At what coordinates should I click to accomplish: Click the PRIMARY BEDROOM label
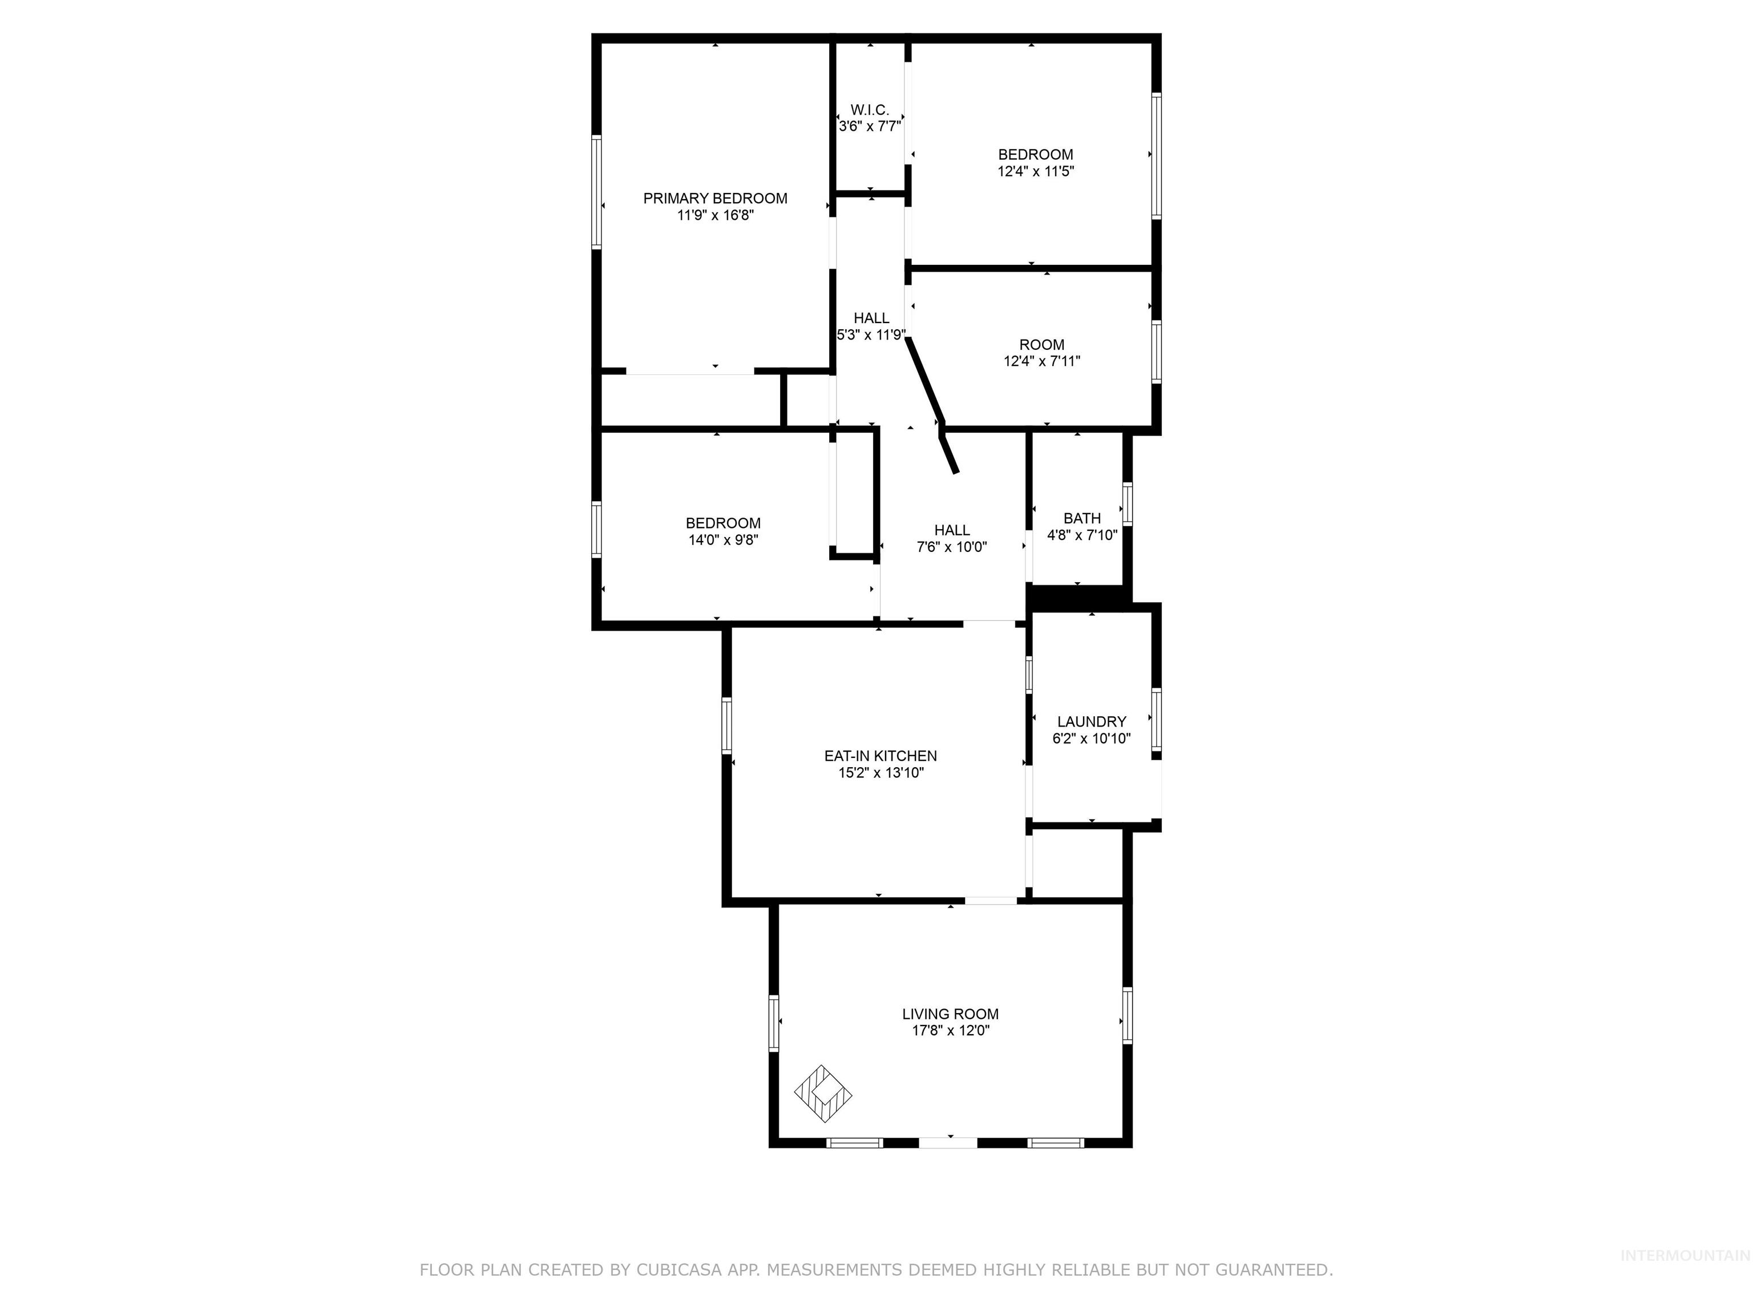pyautogui.click(x=715, y=198)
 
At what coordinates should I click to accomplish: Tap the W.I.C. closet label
pyautogui.click(x=870, y=110)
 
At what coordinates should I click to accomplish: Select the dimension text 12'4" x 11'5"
pyautogui.click(x=1035, y=171)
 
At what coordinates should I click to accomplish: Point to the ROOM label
pyautogui.click(x=1041, y=345)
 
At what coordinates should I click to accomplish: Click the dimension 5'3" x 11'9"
pyautogui.click(x=871, y=334)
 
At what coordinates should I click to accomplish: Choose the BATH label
pyautogui.click(x=1082, y=518)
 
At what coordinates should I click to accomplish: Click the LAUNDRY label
pyautogui.click(x=1091, y=721)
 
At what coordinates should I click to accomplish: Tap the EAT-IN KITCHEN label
pyautogui.click(x=880, y=756)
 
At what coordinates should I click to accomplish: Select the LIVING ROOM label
pyautogui.click(x=950, y=1014)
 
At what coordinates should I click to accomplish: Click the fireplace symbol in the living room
pyautogui.click(x=823, y=1094)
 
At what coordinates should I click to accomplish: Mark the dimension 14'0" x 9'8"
pyautogui.click(x=723, y=540)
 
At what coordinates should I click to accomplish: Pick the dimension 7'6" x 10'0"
pyautogui.click(x=952, y=547)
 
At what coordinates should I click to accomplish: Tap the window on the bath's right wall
pyautogui.click(x=1128, y=503)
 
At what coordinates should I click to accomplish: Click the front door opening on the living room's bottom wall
pyautogui.click(x=948, y=1142)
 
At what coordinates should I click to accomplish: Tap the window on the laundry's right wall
pyautogui.click(x=1156, y=720)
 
